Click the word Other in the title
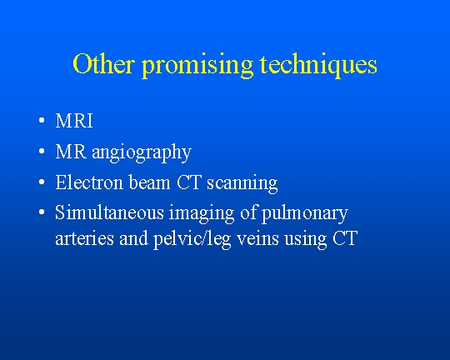coord(103,63)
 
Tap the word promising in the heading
coord(197,66)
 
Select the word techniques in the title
coord(318,66)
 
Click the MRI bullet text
coord(74,121)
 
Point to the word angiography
coord(142,153)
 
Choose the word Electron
coord(89,182)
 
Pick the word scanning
coord(242,183)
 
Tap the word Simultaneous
coord(109,212)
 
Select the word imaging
coord(202,214)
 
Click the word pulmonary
coord(305,214)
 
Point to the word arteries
coord(84,238)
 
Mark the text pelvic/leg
coord(192,240)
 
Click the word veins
coord(257,238)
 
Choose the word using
coord(306,240)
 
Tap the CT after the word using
coord(345,238)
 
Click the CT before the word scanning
coord(188,182)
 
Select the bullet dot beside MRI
coord(42,121)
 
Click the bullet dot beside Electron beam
coord(42,182)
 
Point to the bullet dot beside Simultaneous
coord(42,212)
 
